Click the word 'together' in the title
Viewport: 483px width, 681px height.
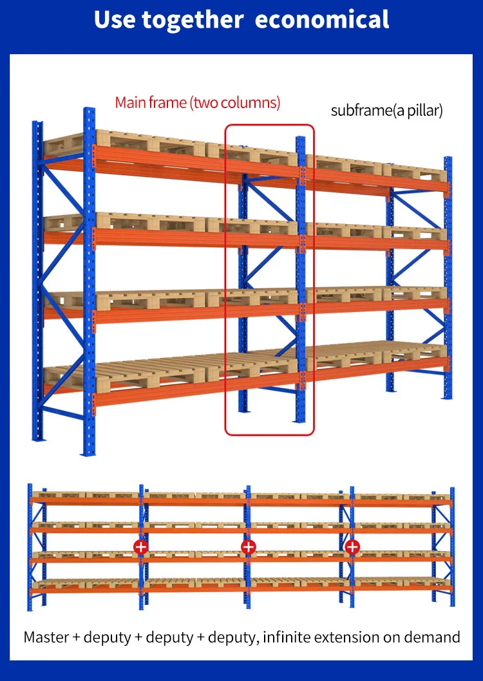[193, 20]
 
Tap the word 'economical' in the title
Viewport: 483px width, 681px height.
[322, 19]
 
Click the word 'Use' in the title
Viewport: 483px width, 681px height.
[115, 19]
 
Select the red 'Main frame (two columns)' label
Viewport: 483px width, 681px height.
[197, 102]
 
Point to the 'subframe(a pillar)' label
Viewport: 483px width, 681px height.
[386, 110]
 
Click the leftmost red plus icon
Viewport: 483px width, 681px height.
[140, 547]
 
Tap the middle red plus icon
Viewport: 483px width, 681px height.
[249, 547]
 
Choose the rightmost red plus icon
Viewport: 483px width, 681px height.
[352, 547]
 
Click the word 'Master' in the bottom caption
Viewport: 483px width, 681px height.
[47, 637]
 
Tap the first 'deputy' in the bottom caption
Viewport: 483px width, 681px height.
[102, 638]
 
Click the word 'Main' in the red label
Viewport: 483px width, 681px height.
[129, 102]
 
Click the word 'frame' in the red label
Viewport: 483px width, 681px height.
[166, 102]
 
